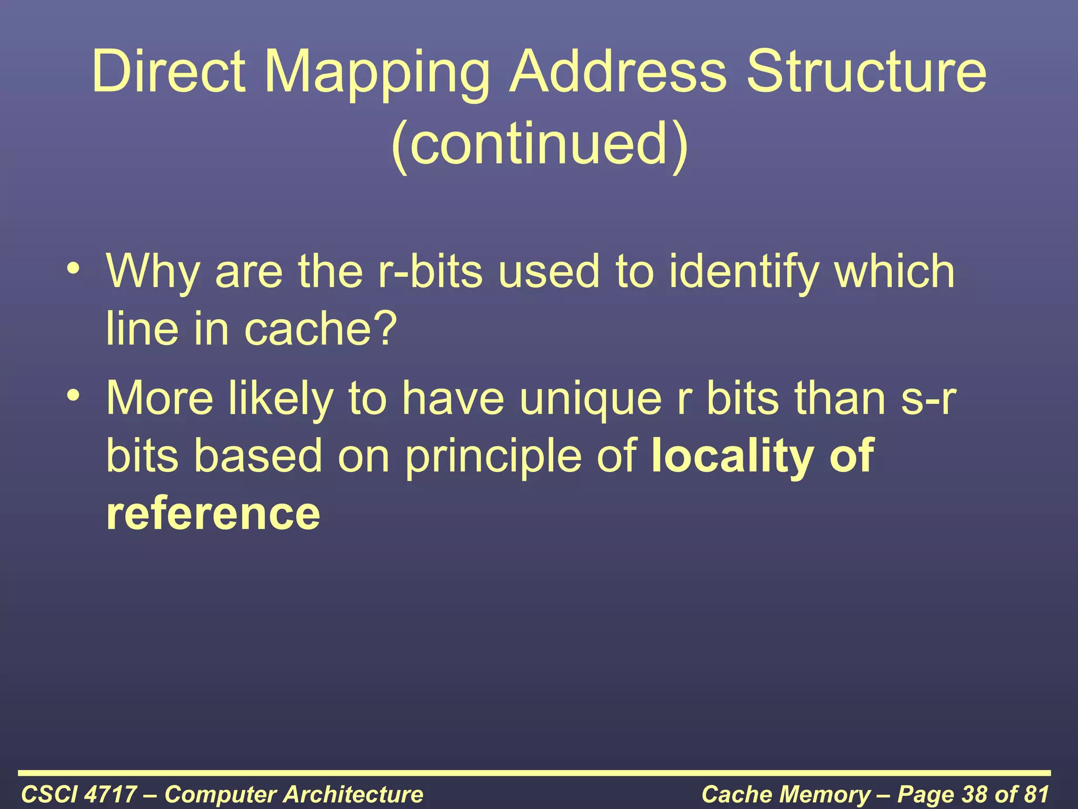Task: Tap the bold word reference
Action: [213, 513]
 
